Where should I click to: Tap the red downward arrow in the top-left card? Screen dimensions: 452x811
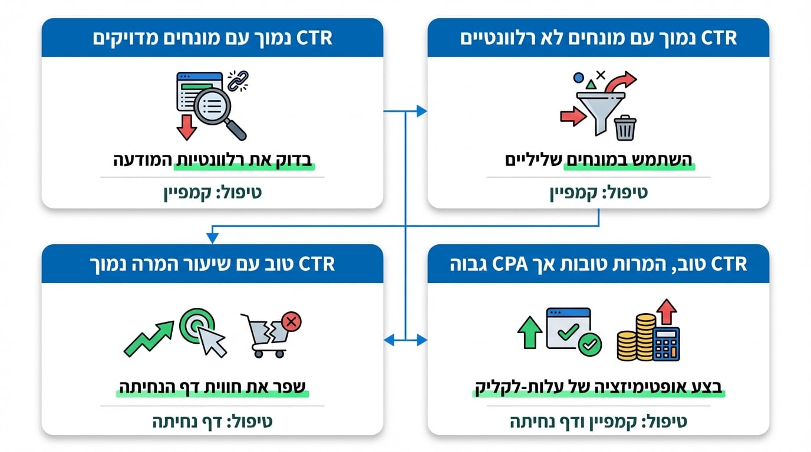pos(186,126)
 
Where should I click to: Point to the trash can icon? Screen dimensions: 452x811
pos(625,128)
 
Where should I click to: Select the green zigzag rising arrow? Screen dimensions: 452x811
pos(149,338)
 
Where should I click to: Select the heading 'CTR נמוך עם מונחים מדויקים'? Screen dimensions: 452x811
pos(212,38)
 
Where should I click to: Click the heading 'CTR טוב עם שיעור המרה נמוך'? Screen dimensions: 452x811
pos(212,264)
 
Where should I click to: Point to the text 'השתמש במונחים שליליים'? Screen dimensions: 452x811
pos(598,159)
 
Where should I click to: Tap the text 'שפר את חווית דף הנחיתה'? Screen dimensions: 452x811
pos(212,388)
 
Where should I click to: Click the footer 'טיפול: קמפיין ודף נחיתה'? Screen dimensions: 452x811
pos(598,421)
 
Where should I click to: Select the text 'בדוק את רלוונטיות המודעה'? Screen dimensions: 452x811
pos(212,159)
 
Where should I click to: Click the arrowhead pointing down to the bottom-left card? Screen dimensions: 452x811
pos(212,238)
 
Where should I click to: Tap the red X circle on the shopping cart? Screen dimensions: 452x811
pos(291,321)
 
